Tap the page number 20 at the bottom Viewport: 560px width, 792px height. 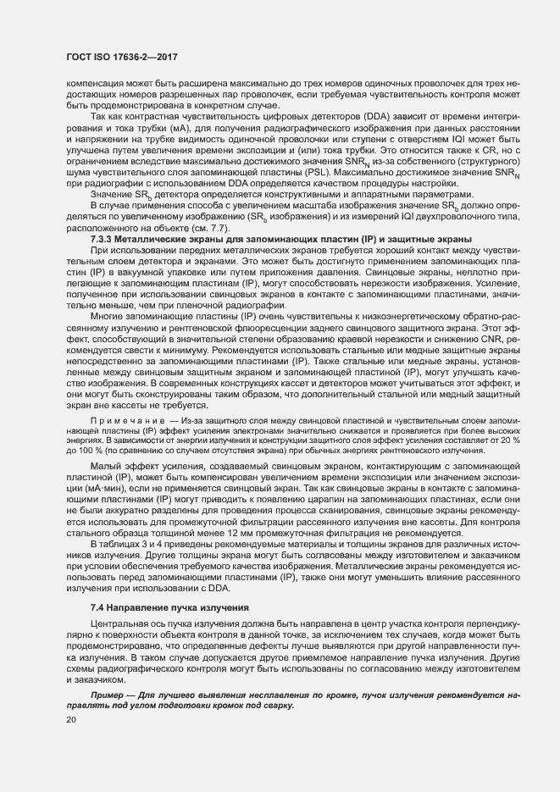(71, 720)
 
